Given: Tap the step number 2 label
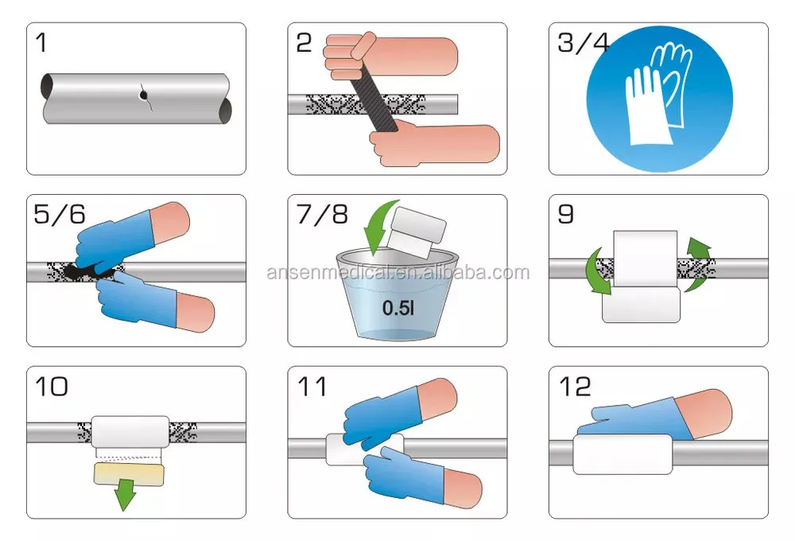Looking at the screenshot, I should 304,43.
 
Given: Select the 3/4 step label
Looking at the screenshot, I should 583,42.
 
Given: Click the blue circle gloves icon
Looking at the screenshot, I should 659,96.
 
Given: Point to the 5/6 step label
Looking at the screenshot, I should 60,215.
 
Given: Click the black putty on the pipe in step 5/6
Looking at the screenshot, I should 84,271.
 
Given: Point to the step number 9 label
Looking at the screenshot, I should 565,215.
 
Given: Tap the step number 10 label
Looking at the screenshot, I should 50,387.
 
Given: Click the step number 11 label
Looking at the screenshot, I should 312,387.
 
